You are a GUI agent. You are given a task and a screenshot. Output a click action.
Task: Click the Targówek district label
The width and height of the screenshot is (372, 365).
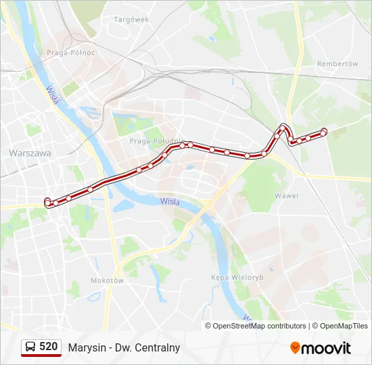(x=131, y=20)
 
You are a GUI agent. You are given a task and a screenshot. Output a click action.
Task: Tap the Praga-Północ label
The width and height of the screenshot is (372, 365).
(x=71, y=52)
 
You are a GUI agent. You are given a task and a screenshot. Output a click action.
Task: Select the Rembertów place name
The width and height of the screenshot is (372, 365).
(x=338, y=64)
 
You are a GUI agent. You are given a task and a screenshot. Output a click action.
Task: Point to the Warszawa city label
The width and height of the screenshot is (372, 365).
(x=30, y=153)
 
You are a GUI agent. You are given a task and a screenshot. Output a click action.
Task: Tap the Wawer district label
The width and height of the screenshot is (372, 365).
(x=287, y=196)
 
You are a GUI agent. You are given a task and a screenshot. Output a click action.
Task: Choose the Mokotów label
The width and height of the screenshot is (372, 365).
(x=107, y=281)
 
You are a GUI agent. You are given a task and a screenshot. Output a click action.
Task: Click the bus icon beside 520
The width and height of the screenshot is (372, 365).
(x=30, y=347)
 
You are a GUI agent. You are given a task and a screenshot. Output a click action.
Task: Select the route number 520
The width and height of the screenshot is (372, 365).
(x=49, y=347)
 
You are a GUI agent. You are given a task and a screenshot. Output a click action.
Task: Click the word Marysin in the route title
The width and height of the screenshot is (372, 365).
(x=85, y=348)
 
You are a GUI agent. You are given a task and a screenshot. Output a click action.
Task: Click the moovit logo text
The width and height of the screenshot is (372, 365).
(x=326, y=348)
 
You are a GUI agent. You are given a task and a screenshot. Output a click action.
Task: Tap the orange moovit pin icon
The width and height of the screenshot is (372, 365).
(x=295, y=348)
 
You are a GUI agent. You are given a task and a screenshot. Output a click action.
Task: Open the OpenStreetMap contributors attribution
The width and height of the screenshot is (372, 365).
(x=260, y=326)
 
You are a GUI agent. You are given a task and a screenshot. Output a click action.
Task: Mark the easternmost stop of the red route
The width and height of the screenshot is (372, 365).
(x=324, y=131)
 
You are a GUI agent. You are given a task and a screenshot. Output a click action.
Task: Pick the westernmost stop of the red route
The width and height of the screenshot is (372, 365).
(x=47, y=201)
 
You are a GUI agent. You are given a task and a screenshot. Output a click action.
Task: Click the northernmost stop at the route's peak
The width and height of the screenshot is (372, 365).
(x=283, y=126)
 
